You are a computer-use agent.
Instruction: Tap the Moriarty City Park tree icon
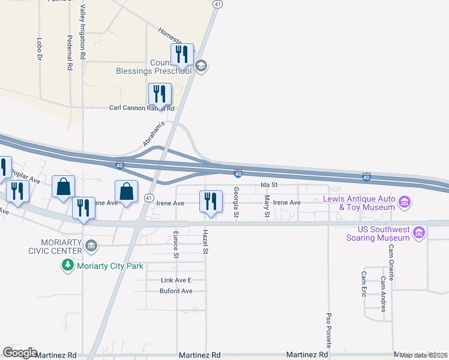[68, 265]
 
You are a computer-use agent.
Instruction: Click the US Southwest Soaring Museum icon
[419, 232]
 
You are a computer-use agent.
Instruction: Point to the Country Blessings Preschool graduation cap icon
[201, 66]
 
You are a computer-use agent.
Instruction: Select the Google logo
[20, 353]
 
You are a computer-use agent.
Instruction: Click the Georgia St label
[237, 202]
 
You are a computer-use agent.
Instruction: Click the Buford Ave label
[176, 291]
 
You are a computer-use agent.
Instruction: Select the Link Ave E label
[175, 280]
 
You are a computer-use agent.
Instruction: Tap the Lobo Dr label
[39, 50]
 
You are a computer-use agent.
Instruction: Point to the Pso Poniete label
[329, 329]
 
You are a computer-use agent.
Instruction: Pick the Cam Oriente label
[391, 262]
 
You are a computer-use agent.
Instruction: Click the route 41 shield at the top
[217, 4]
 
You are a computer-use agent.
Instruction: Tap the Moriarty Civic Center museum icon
[91, 245]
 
